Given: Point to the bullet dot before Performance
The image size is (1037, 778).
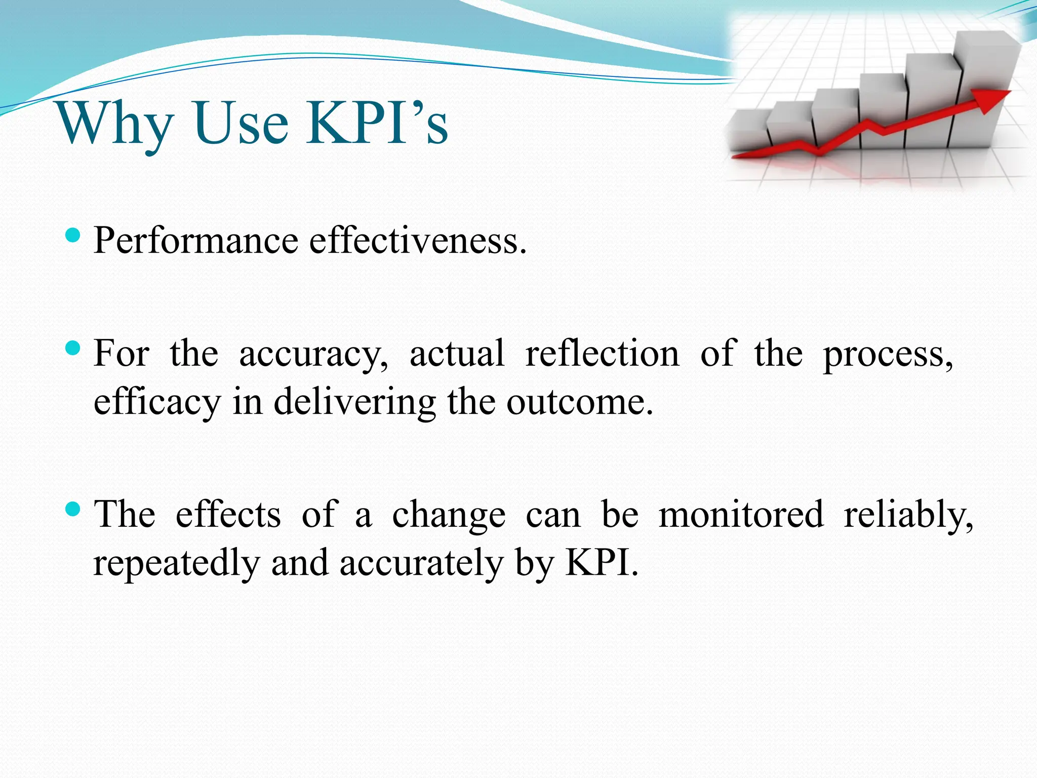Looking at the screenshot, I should [73, 235].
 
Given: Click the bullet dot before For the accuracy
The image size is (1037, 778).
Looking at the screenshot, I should [73, 348].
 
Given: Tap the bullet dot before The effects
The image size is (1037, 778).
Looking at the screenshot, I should [73, 509].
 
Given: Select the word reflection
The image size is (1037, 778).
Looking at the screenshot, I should [602, 353].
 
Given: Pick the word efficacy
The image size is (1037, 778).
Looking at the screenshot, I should [157, 402].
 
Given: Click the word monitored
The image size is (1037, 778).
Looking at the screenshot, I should [741, 514].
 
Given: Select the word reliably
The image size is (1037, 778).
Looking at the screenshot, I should [908, 515].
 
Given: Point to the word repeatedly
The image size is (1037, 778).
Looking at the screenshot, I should [176, 563].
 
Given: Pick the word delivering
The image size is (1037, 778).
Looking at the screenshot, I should [354, 402].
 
